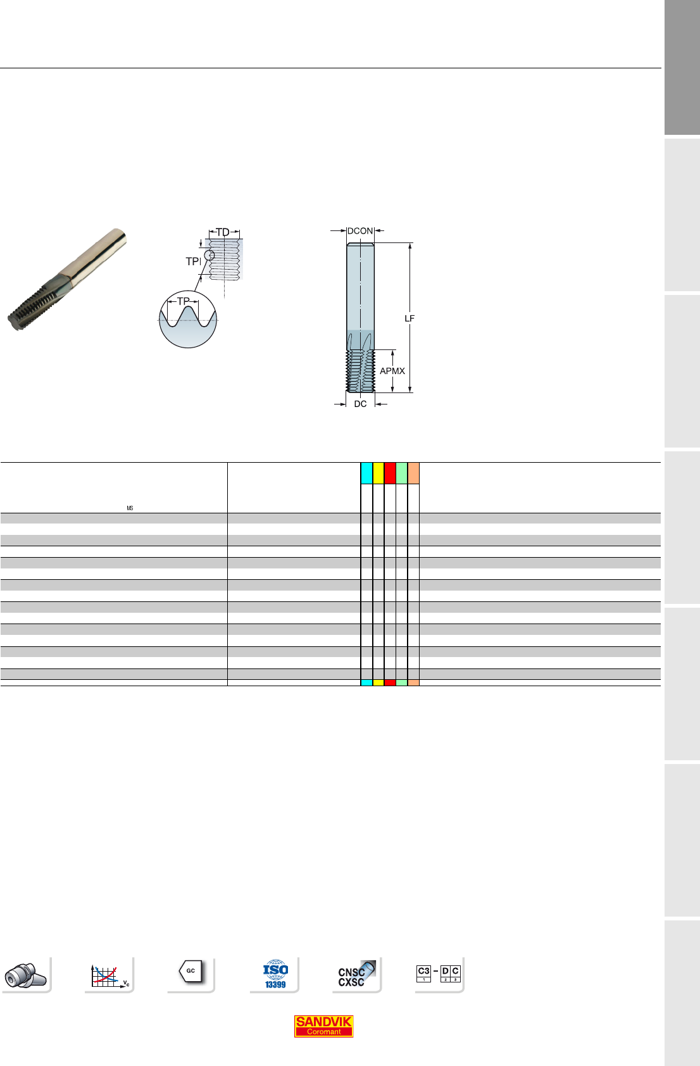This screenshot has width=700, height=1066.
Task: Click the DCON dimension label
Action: (359, 231)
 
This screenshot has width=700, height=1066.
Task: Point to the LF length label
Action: (409, 318)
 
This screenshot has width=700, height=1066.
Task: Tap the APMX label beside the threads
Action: (392, 371)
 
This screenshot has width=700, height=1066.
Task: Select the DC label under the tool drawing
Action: (360, 404)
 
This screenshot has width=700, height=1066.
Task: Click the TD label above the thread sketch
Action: (223, 232)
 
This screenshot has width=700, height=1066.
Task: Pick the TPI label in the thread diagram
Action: (194, 261)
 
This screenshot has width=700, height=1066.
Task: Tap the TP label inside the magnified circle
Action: (183, 301)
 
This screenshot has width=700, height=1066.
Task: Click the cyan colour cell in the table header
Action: (366, 473)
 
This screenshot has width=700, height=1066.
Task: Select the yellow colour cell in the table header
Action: (378, 473)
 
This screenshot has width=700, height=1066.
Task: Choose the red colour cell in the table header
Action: (390, 473)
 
